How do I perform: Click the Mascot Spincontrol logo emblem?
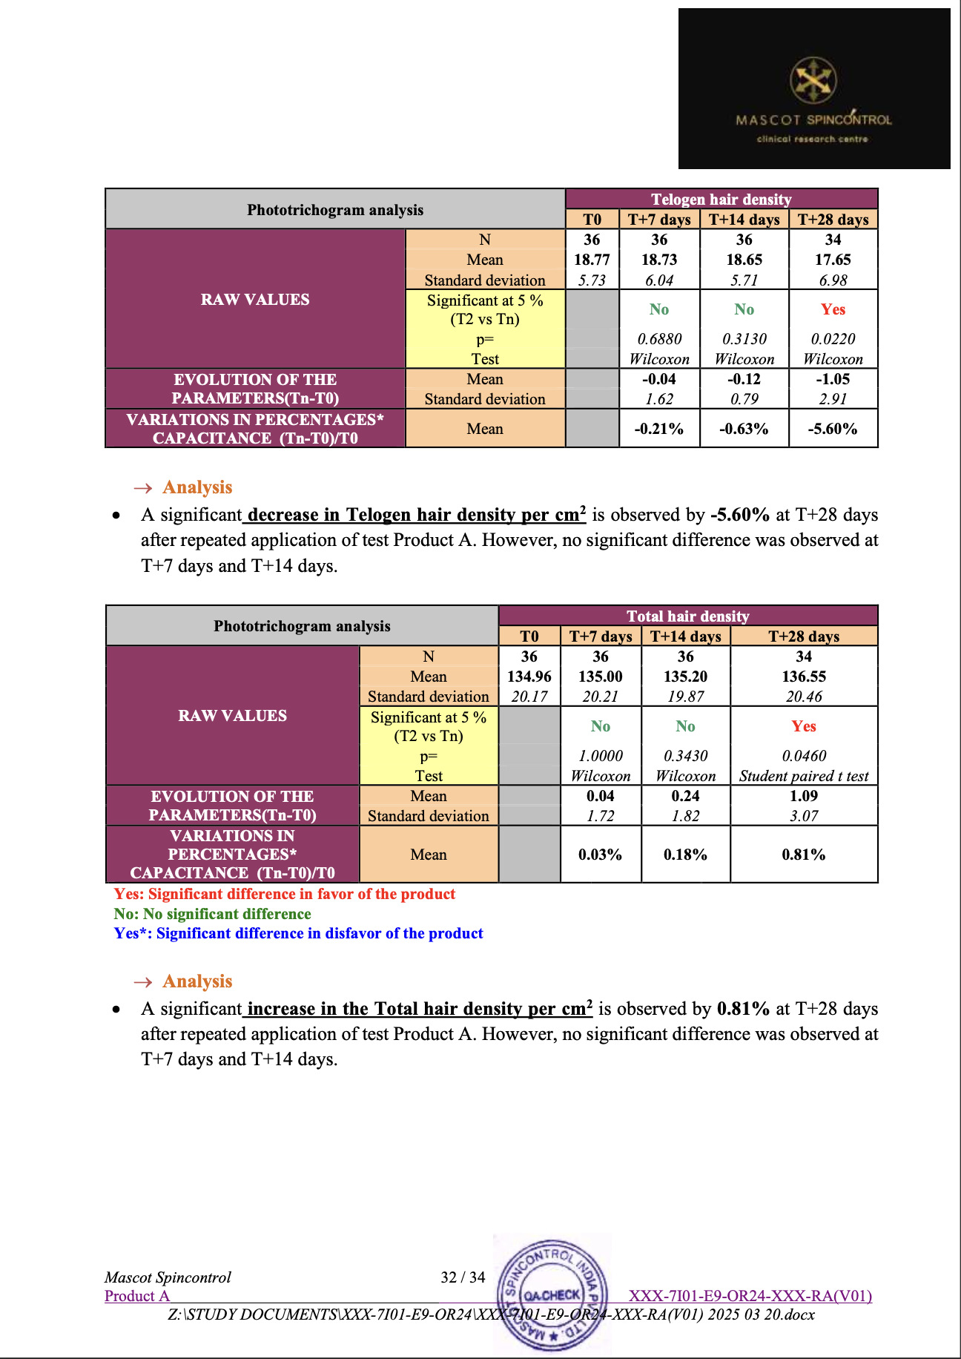click(x=813, y=81)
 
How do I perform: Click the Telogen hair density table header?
click(x=721, y=199)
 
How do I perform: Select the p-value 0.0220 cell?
click(x=833, y=339)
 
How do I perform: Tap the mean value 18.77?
click(x=592, y=260)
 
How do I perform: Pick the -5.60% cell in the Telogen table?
click(x=833, y=429)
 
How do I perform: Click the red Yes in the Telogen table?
click(x=833, y=309)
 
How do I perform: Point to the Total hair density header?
click(x=687, y=616)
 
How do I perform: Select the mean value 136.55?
click(x=804, y=677)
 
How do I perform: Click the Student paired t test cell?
click(x=804, y=776)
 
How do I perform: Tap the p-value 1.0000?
click(x=601, y=756)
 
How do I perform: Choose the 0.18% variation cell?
click(x=685, y=855)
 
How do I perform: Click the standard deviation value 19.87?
click(x=685, y=697)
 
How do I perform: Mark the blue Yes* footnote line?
click(x=298, y=933)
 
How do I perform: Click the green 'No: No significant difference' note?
click(x=212, y=914)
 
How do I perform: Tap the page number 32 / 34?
click(x=463, y=1277)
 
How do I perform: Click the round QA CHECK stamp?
click(x=553, y=1294)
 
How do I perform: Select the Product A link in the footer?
click(x=137, y=1296)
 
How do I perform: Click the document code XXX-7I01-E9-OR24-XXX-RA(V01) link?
click(x=750, y=1296)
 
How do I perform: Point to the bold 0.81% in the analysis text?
click(x=743, y=1009)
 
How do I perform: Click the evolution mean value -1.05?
click(x=833, y=379)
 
